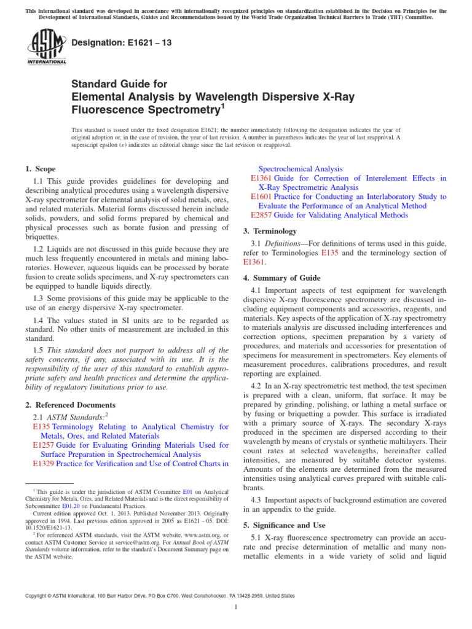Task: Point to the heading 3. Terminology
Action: [270, 231]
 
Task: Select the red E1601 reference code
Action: [261, 196]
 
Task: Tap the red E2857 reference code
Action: [261, 215]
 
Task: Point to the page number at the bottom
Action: [236, 608]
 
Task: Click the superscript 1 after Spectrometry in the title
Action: [222, 107]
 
